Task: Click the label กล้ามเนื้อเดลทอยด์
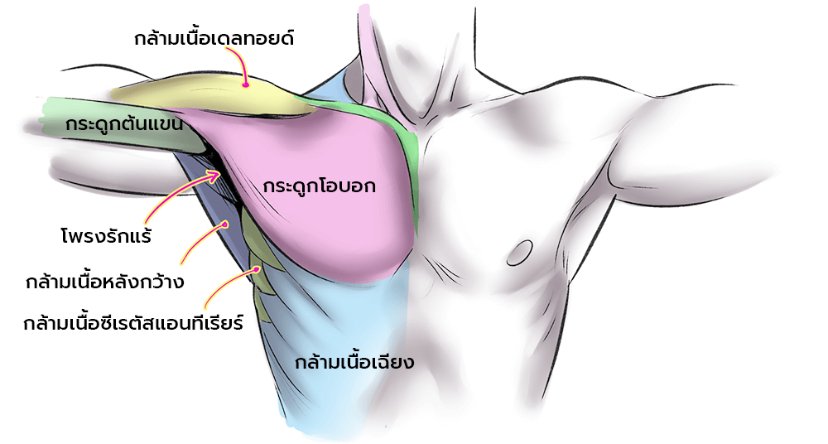(214, 38)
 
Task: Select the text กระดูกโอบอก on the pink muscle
(319, 186)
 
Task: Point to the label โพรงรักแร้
(106, 235)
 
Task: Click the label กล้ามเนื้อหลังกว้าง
(105, 282)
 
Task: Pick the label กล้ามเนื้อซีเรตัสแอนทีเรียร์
(133, 322)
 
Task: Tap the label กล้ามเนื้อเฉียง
(354, 363)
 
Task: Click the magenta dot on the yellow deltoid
(246, 84)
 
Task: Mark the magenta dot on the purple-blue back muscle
(225, 224)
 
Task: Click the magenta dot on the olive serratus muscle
(258, 268)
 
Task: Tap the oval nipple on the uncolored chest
(520, 253)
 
